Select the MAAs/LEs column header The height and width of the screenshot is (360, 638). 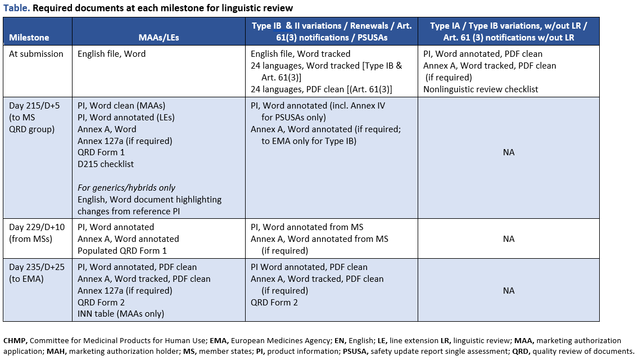[159, 38]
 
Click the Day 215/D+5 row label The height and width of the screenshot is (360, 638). [33, 105]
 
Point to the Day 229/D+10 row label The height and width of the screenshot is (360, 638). [35, 227]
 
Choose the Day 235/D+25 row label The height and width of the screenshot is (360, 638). [35, 267]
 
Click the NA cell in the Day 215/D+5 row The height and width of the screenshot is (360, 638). [508, 152]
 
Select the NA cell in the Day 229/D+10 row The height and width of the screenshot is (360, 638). [508, 239]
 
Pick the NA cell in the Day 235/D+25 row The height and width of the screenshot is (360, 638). [508, 291]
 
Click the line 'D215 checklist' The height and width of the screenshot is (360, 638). [106, 164]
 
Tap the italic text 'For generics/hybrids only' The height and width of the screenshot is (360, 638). [126, 188]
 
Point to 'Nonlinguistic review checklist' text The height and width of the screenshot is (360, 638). [481, 89]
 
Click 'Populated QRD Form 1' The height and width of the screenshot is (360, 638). [122, 251]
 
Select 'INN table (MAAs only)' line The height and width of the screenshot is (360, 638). [121, 314]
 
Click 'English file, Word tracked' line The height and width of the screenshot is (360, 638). [300, 54]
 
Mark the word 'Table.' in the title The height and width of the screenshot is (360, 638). [17, 8]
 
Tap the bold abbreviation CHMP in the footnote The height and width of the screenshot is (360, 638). [15, 340]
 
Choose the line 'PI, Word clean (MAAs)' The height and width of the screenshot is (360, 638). [121, 105]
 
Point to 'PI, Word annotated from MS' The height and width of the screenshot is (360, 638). [307, 227]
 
